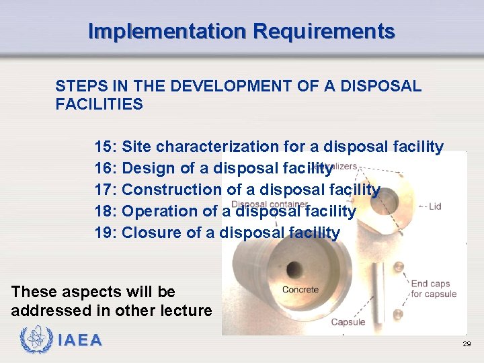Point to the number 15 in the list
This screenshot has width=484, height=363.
(105, 147)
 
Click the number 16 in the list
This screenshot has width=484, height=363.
(105, 168)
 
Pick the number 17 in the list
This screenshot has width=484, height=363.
(105, 190)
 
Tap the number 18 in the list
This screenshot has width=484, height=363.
(105, 211)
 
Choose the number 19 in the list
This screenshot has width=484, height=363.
(105, 233)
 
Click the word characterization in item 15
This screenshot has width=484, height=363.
(217, 147)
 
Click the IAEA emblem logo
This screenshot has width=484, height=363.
(34, 339)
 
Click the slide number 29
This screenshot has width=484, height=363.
(467, 344)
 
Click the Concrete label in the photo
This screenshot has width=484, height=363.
(300, 290)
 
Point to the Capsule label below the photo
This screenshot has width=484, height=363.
(348, 322)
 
